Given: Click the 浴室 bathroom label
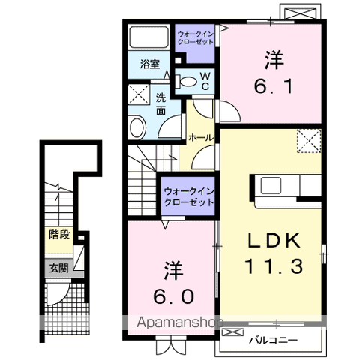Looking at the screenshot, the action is point(150,64).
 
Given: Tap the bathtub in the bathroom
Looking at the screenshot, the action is point(149,37).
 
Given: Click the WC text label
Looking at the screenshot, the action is point(205,81).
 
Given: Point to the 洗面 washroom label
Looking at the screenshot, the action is point(160,103).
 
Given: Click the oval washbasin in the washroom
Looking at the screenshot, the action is point(137,127).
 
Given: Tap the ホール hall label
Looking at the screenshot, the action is point(201,138).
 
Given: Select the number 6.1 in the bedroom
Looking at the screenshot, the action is point(273,86).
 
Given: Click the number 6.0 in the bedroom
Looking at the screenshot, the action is point(174,297).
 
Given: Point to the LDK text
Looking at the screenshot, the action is point(274,241).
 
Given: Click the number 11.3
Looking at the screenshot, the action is point(274,265).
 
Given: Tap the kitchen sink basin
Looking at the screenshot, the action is point(271,185).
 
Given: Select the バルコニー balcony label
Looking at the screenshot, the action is point(274,340).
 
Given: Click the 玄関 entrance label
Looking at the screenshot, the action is point(58,268).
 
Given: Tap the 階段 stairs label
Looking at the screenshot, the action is point(59,235).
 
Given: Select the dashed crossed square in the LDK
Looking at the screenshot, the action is point(309,141).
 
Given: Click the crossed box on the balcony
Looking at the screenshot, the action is point(233,331).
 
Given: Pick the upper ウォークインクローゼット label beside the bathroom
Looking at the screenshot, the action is point(195,37).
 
